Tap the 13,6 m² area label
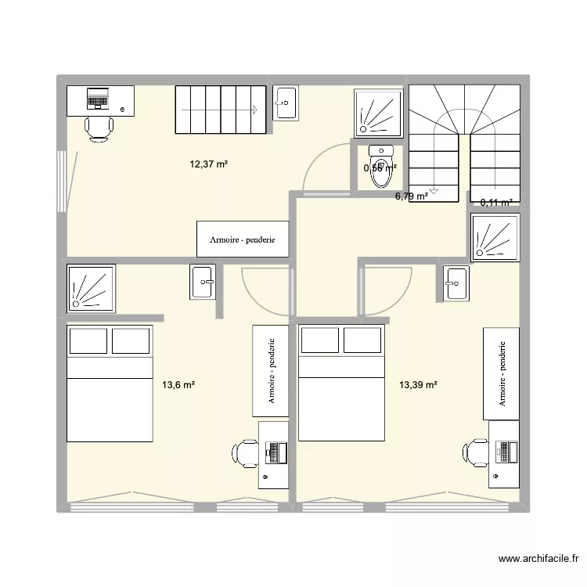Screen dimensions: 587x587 178,384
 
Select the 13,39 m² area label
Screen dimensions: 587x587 418,384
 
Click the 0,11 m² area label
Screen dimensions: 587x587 496,202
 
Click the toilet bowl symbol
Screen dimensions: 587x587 380,169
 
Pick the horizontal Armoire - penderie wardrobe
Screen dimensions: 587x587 242,239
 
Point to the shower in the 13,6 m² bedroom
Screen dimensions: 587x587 92,287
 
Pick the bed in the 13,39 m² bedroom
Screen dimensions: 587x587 341,384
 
